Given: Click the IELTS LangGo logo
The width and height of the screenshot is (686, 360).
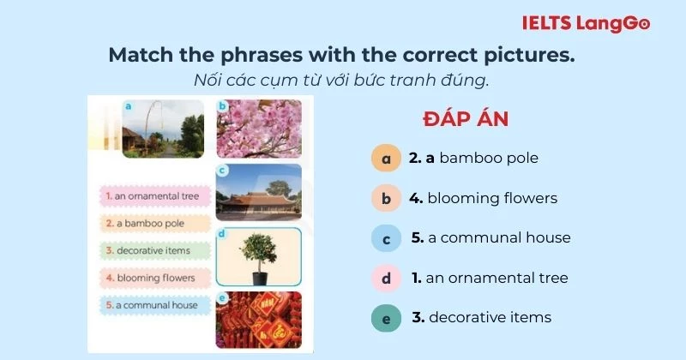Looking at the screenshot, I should tap(587, 23).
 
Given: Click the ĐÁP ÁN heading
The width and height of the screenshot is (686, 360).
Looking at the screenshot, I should tap(466, 119).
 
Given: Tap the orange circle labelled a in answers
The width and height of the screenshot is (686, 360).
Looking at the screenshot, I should tap(386, 159).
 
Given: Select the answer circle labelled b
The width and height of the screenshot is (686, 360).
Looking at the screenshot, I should tap(386, 199).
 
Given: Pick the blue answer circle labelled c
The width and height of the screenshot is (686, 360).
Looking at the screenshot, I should tap(386, 238).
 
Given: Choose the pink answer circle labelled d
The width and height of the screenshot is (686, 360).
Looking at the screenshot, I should tap(386, 279).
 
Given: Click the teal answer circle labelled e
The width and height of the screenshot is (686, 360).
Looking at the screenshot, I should tap(386, 318).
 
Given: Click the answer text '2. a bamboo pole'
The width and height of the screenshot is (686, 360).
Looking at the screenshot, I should tap(473, 159).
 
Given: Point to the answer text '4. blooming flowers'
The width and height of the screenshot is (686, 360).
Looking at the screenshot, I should tap(483, 199).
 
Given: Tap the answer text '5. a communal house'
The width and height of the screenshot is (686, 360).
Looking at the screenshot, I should tap(490, 238).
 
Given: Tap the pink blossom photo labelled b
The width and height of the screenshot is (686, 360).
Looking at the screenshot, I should tap(259, 129).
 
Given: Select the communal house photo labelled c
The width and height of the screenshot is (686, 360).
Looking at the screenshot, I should tap(259, 192).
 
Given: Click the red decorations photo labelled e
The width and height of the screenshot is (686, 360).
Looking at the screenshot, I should tap(259, 320).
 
